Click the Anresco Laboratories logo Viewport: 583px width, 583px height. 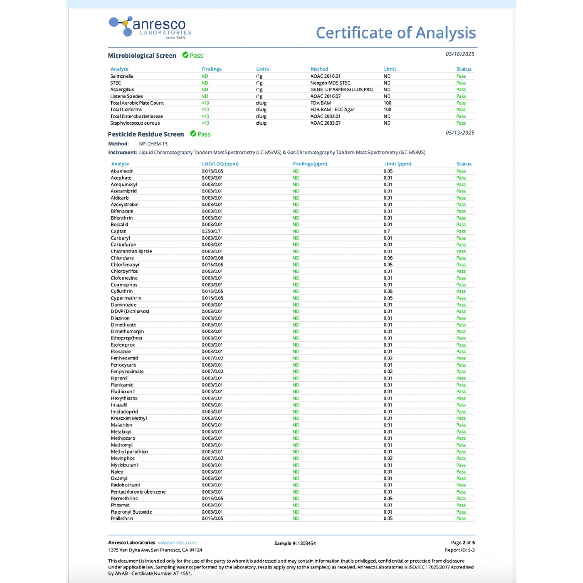tap(150, 27)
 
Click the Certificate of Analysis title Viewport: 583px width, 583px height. tap(395, 33)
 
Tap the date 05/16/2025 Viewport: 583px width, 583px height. tap(460, 54)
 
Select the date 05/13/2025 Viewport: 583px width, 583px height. tap(460, 133)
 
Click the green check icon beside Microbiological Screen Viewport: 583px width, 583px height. tap(186, 55)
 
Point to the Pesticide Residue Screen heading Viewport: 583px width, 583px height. tap(146, 134)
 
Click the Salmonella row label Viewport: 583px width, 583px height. tap(122, 76)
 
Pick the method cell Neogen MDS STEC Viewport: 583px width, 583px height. tap(330, 83)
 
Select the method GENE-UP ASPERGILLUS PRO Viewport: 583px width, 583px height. tap(342, 90)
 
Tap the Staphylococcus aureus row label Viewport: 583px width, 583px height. tap(135, 123)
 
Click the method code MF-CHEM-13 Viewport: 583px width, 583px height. tap(153, 144)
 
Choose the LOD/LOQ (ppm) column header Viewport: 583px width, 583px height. tap(220, 164)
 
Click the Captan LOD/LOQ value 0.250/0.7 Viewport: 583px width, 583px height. tap(211, 231)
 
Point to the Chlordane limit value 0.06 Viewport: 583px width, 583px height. tap(388, 258)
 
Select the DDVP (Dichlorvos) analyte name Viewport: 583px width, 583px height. tap(130, 311)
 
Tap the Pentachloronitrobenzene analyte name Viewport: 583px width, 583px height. tap(138, 492)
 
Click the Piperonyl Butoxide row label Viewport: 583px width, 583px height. tap(131, 512)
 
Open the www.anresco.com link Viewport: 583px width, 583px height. tap(177, 543)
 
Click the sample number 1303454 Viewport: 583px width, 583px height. tap(307, 543)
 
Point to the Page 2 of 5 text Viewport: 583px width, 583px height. tap(463, 543)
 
